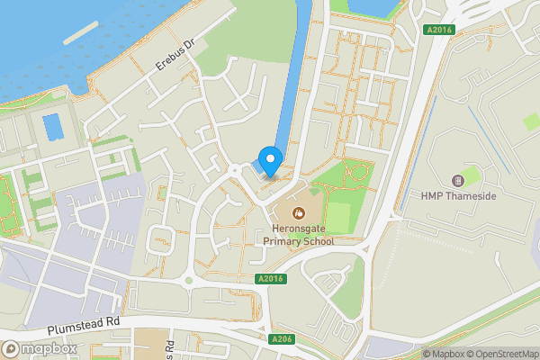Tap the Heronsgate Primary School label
(x=299, y=235)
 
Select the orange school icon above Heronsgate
(x=299, y=213)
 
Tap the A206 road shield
(x=282, y=340)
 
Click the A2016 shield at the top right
(x=438, y=30)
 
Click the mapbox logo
(x=39, y=348)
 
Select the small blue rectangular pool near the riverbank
(x=54, y=127)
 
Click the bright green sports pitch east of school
(x=337, y=216)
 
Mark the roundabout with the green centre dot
(x=189, y=280)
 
